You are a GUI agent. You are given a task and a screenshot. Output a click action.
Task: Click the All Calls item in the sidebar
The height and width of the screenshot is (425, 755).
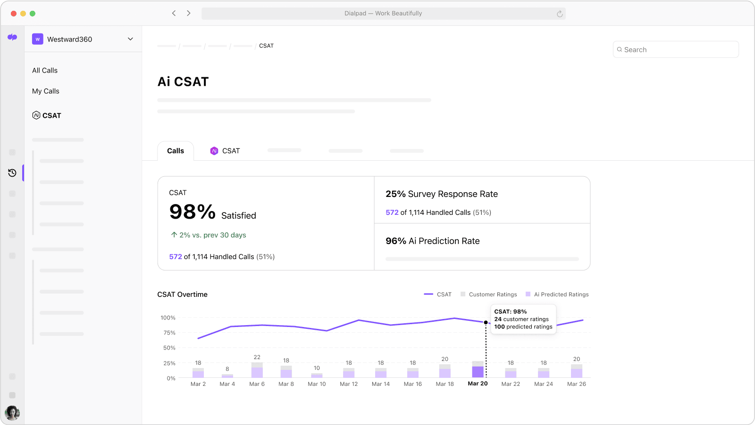pyautogui.click(x=45, y=70)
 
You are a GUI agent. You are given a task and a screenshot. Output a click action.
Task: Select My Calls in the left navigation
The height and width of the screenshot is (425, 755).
pyautogui.click(x=46, y=91)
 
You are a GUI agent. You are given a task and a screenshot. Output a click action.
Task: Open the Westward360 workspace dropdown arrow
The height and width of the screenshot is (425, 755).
pyautogui.click(x=130, y=39)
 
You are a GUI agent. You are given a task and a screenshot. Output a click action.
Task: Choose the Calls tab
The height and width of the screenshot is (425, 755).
pyautogui.click(x=176, y=151)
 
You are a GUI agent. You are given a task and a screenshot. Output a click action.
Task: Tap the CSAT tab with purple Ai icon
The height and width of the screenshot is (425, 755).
pyautogui.click(x=225, y=151)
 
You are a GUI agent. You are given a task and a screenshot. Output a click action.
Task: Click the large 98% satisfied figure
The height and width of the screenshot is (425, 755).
pyautogui.click(x=193, y=212)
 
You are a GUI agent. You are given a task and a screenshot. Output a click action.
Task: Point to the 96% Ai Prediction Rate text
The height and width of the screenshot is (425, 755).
pyautogui.click(x=432, y=241)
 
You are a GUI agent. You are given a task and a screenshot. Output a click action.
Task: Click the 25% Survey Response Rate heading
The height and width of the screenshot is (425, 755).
pyautogui.click(x=442, y=194)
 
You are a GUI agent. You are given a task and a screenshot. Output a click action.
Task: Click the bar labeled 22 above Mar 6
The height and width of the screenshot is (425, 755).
pyautogui.click(x=257, y=370)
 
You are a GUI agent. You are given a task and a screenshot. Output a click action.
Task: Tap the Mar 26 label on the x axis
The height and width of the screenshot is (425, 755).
pyautogui.click(x=576, y=384)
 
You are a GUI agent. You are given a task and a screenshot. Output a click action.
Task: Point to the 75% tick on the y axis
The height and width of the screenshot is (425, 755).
pyautogui.click(x=169, y=333)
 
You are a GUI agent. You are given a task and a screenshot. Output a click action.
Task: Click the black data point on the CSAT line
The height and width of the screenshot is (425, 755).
pyautogui.click(x=486, y=322)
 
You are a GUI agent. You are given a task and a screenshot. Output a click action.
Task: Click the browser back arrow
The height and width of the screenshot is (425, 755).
pyautogui.click(x=174, y=13)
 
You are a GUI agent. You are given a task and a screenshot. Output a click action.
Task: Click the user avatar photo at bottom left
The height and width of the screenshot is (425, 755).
pyautogui.click(x=12, y=413)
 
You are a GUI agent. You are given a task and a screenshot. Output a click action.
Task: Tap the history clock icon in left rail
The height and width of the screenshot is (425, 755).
pyautogui.click(x=12, y=173)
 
